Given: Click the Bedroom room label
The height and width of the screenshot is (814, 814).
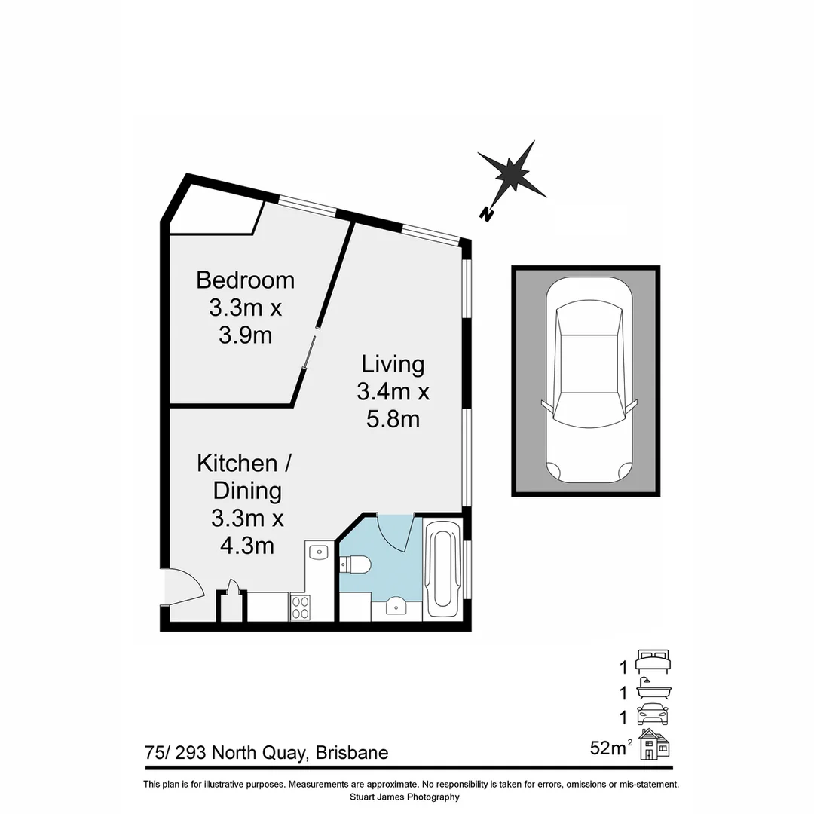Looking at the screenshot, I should (x=245, y=280).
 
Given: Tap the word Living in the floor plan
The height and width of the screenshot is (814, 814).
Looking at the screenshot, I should (x=393, y=364).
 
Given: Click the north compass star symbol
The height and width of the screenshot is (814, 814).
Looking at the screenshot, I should (x=513, y=174).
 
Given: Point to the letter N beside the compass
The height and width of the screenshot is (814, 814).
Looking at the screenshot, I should (x=488, y=215).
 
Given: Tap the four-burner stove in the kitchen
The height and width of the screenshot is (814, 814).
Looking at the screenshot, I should (x=300, y=607).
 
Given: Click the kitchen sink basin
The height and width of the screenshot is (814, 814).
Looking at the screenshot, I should (x=320, y=552).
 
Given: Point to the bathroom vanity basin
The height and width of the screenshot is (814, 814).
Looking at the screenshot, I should (x=396, y=607).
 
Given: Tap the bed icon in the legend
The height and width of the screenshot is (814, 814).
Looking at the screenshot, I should (x=653, y=661).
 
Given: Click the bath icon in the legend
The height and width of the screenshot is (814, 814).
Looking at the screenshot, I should (x=653, y=689).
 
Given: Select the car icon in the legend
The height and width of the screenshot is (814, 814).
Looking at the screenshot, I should (x=653, y=714).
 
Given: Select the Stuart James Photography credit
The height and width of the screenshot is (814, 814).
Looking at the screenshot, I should (x=405, y=797).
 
